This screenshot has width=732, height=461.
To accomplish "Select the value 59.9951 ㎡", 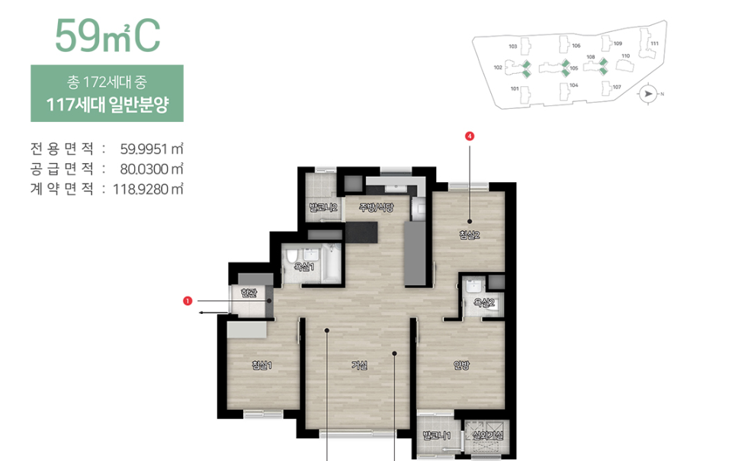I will [152, 149].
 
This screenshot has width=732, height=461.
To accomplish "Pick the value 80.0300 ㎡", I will [152, 168].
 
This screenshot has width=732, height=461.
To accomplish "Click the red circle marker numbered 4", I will [470, 136].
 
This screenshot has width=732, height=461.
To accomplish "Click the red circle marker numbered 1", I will [188, 301].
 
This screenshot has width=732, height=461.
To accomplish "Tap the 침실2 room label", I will [470, 235].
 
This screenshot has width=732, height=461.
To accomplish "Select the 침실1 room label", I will [262, 365].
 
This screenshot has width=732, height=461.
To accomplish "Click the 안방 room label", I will [461, 365].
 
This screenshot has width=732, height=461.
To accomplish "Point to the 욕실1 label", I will [305, 267].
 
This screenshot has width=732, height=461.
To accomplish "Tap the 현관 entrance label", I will [249, 292].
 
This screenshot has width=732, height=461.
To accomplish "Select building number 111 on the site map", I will [654, 44].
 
